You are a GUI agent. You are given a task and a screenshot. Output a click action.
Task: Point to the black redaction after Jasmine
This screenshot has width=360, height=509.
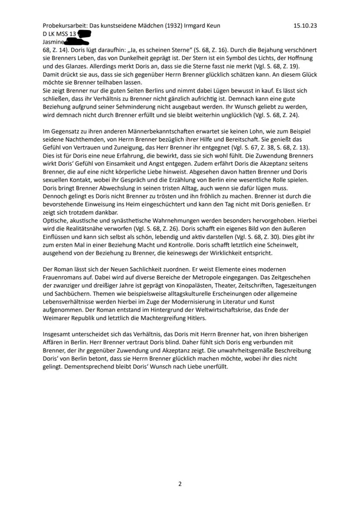(77, 42)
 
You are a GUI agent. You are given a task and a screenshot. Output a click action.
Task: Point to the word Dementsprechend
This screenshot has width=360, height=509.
(85, 366)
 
